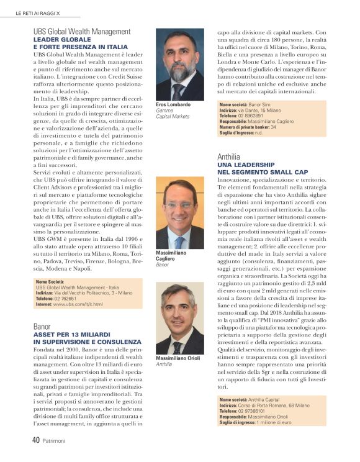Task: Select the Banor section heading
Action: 42,325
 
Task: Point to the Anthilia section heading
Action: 229,156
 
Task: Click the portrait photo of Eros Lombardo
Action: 179,65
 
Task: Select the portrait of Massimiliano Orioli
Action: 179,319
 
